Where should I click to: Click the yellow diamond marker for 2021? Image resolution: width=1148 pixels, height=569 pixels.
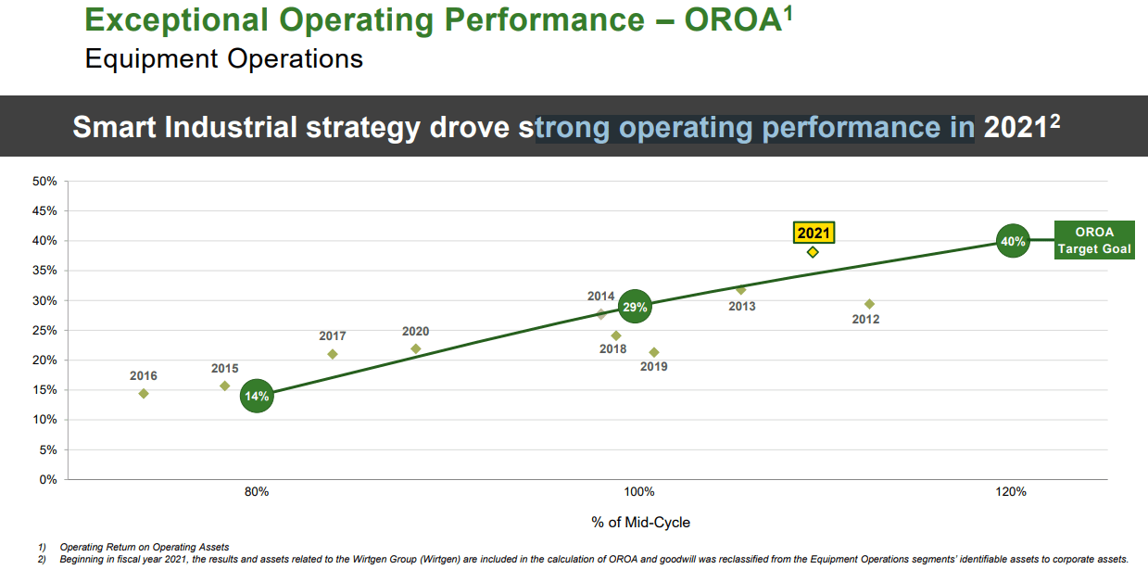point(813,252)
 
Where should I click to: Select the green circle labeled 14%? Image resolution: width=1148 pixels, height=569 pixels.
point(257,397)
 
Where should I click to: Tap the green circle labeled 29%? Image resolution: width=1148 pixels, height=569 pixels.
point(635,307)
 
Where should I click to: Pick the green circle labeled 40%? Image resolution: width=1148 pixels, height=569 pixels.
point(1012,242)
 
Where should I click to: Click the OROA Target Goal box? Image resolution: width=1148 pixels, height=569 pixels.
point(1094,241)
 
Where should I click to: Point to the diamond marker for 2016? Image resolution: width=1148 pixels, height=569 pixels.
point(144,394)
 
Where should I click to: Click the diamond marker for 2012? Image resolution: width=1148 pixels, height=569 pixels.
point(869,304)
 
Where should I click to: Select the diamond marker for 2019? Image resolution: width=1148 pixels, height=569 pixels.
point(654,352)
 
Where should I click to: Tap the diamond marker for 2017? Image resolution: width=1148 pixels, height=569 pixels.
point(333,354)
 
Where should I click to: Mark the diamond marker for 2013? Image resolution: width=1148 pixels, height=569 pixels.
point(740,290)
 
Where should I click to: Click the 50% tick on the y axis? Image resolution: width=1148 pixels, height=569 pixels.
point(45,182)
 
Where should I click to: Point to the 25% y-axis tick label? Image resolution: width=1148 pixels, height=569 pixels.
point(45,331)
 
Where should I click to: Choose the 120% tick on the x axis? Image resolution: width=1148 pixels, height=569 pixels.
point(1012,492)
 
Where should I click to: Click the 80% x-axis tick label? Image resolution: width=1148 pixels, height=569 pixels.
point(257,492)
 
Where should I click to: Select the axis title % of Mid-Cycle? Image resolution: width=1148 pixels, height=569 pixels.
point(640,523)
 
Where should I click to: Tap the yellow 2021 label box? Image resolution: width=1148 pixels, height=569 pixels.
point(814,233)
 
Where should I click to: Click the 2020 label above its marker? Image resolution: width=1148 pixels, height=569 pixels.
point(415,332)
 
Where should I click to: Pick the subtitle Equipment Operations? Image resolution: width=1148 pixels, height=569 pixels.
point(223,59)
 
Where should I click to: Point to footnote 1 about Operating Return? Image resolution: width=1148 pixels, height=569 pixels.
point(144,548)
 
